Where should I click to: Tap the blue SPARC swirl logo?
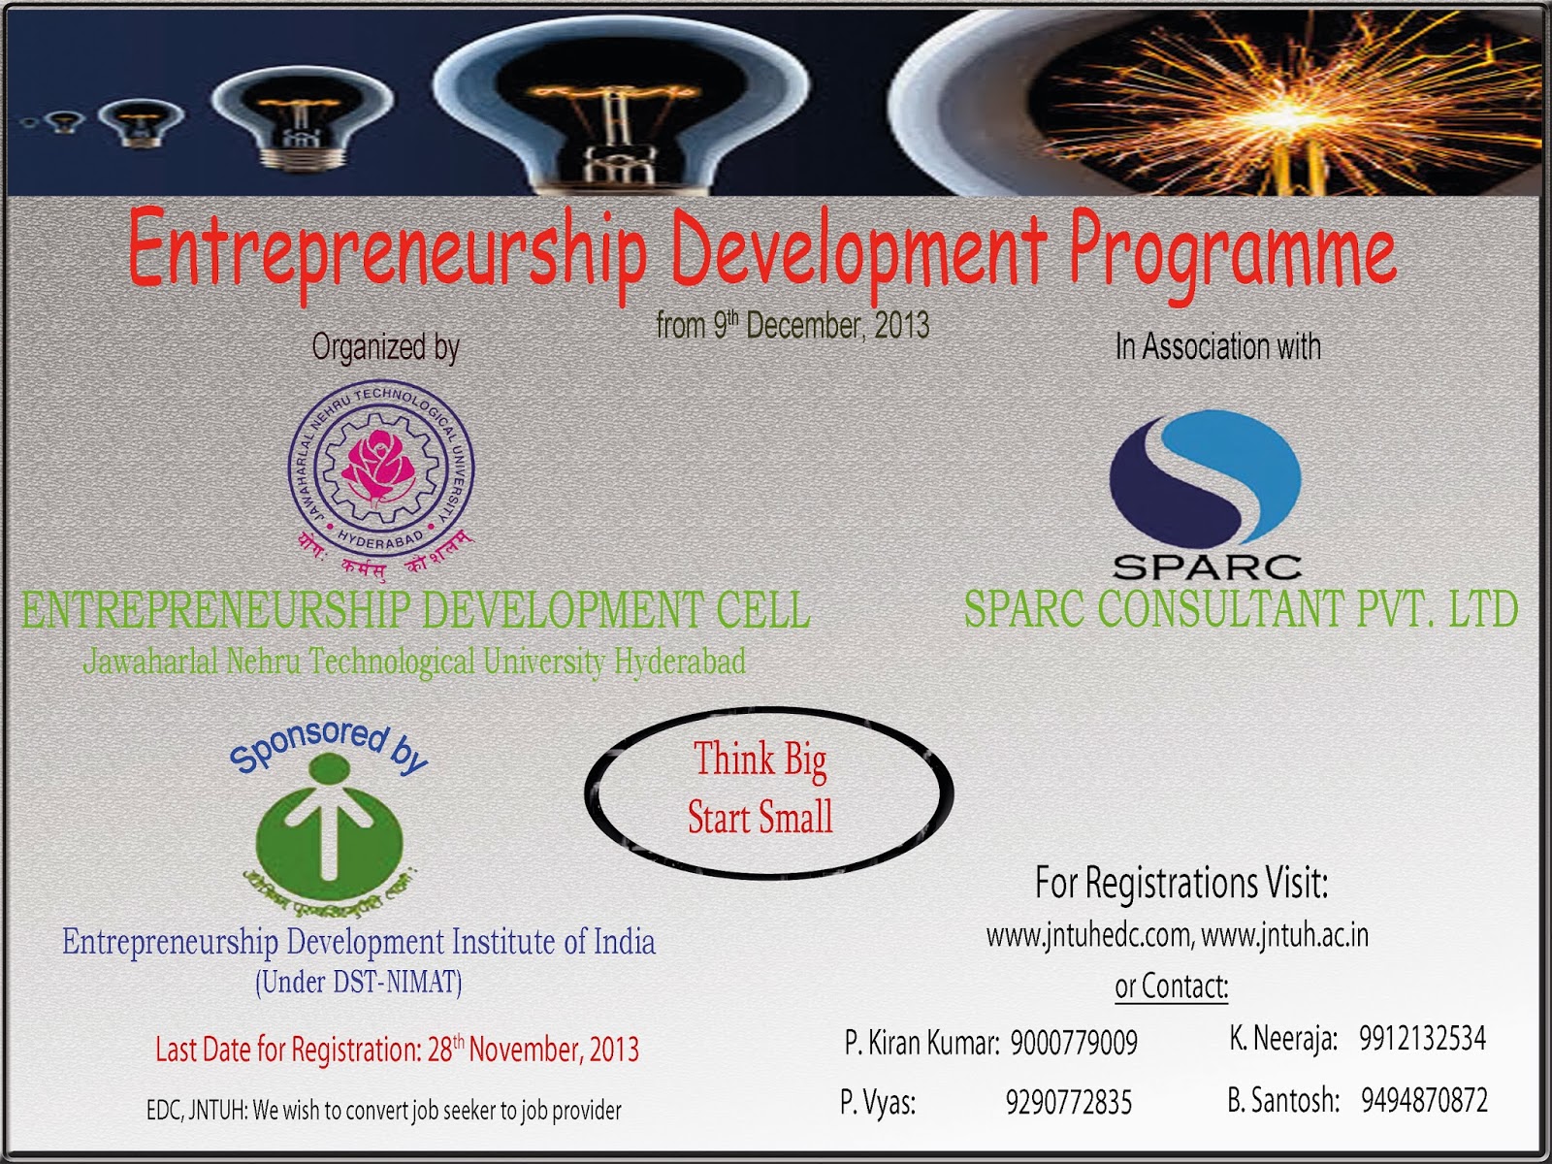click(1206, 480)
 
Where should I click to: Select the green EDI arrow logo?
click(330, 829)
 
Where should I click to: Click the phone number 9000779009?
click(1074, 1043)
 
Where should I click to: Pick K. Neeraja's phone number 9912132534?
click(1422, 1039)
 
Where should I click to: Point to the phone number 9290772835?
click(1069, 1103)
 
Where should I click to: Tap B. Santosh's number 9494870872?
click(1424, 1100)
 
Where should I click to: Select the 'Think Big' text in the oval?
click(760, 760)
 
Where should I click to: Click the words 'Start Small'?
click(760, 817)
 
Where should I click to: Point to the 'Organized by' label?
click(385, 347)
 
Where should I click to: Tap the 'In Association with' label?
click(1218, 346)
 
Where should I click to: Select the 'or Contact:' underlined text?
click(1172, 986)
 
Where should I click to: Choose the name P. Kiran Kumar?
click(921, 1043)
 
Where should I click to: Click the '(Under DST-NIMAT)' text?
click(359, 983)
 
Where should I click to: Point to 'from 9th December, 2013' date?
click(792, 325)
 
